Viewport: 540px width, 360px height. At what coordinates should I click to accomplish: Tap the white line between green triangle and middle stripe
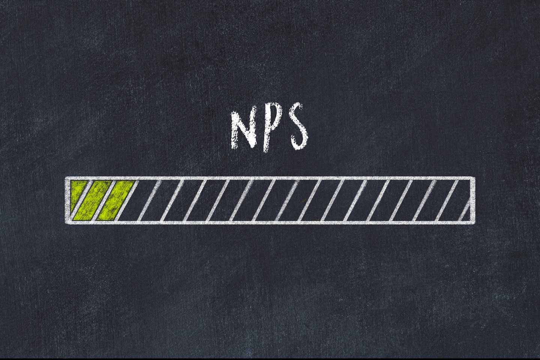(83, 200)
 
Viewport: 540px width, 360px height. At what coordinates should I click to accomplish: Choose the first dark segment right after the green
(143, 200)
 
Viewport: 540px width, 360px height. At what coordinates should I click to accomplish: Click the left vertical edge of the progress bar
(66, 200)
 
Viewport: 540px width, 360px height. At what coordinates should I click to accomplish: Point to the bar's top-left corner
(67, 178)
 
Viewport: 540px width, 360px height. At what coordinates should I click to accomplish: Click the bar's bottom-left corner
(67, 222)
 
